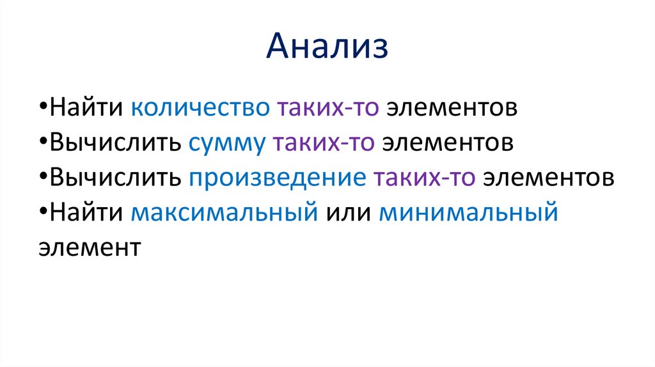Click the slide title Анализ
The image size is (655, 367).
point(327,48)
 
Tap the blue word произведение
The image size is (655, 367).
point(276,178)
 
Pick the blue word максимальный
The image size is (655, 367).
point(225,213)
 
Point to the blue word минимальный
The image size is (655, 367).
point(469,213)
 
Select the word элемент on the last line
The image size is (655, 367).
point(88,247)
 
